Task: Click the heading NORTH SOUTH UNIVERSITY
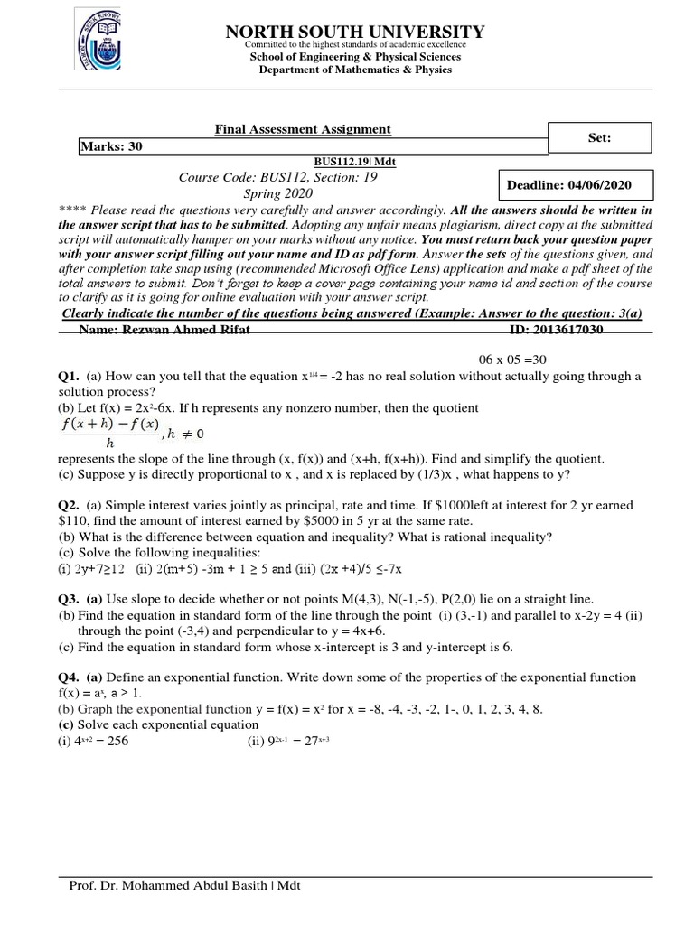pos(354,32)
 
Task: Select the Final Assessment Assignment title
pos(303,129)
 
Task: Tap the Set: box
pos(599,138)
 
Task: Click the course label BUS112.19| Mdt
pos(355,162)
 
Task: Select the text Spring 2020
pos(278,193)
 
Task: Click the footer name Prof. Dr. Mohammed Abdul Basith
pos(184,885)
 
